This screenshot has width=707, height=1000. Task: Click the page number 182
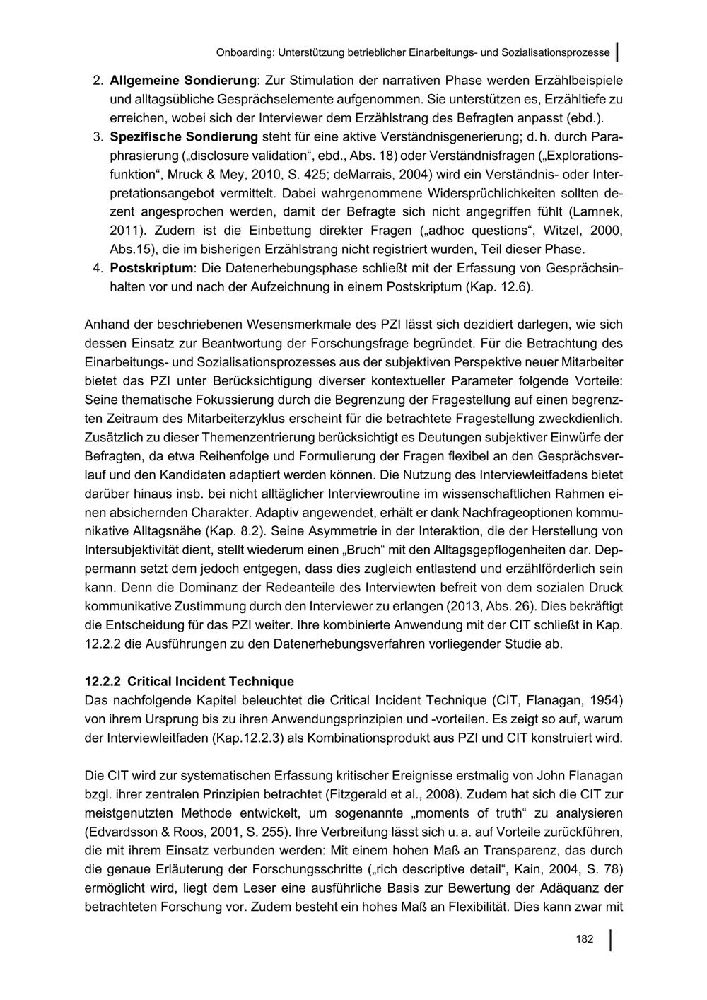click(584, 939)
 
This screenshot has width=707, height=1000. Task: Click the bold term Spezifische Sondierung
click(184, 135)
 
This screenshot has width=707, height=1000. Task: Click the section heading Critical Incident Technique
click(211, 682)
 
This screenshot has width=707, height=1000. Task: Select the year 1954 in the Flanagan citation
click(606, 701)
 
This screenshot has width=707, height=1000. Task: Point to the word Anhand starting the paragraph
click(106, 325)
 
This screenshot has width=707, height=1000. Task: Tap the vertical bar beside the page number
click(610, 940)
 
